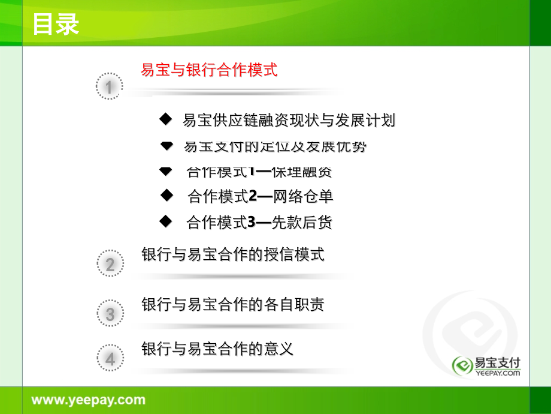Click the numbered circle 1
tap(109, 88)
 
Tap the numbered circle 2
tap(110, 264)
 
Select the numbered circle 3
tap(110, 314)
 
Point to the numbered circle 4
tap(110, 359)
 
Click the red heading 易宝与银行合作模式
tap(209, 70)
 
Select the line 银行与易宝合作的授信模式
tap(233, 254)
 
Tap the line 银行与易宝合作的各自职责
tap(233, 304)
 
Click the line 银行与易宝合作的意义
tap(217, 349)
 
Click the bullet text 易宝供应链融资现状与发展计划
tap(289, 121)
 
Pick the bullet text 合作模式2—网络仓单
tap(260, 196)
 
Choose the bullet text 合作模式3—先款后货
tap(259, 223)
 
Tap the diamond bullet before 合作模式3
tap(166, 222)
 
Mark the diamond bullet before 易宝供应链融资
tap(165, 119)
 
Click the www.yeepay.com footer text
tap(88, 400)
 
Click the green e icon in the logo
tap(462, 365)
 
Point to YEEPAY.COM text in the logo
tap(497, 373)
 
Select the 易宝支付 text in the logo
tap(497, 362)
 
